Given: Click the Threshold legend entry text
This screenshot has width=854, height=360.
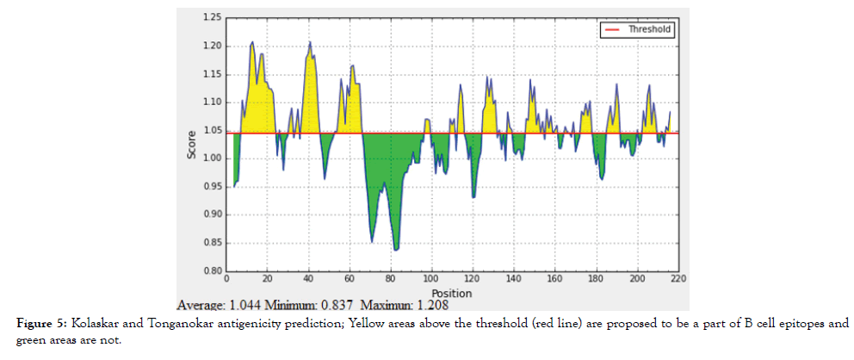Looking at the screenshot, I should coord(650,28).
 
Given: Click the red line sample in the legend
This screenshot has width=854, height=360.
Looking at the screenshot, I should coord(613,28).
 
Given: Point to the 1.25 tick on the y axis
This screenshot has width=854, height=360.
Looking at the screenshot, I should coord(211,17).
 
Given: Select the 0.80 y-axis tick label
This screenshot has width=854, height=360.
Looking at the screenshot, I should coord(211,271).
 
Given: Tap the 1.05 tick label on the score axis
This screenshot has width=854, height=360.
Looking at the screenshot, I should coord(211,130).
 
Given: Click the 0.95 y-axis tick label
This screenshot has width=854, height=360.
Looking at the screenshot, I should coord(211,187).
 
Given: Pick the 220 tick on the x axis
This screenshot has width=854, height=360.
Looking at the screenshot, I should coord(678,279).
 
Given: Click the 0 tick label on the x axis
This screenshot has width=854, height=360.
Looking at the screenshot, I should coord(226,279).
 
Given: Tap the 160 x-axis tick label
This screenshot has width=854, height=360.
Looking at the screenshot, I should coord(554,279).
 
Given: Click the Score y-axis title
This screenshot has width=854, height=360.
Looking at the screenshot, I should coord(192,145).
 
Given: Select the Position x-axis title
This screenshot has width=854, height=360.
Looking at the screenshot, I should coord(451,293).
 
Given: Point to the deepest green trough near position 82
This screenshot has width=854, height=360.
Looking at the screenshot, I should coord(396,249).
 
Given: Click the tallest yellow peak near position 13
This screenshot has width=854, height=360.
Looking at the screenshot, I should coord(252,42).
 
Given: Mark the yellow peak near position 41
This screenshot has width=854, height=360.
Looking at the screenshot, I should coord(310,42).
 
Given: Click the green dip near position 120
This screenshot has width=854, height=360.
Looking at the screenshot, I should coord(473,196).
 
